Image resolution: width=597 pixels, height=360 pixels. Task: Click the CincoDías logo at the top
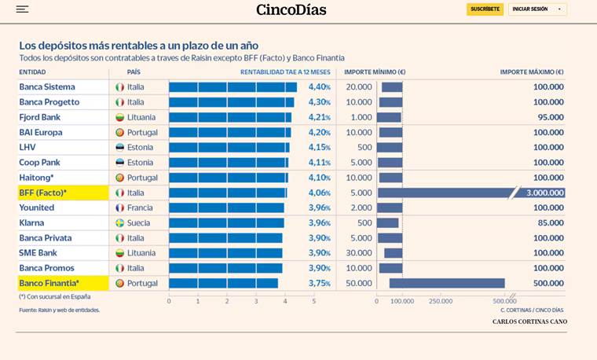coord(291,9)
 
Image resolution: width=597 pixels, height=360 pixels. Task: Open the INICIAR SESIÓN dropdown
coord(537,9)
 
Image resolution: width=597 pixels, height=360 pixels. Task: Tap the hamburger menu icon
coord(22,9)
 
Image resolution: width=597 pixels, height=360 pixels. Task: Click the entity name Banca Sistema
coord(47,87)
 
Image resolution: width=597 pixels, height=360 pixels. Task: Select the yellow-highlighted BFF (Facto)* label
coord(43,193)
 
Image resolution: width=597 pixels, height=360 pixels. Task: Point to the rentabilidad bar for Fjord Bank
coord(229,117)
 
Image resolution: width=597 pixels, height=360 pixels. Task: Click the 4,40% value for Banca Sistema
coord(319,87)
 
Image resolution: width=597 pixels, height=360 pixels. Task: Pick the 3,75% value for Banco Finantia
coord(319,283)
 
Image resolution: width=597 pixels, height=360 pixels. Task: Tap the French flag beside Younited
coord(120,208)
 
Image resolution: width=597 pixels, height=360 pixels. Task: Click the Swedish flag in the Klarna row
coord(120,223)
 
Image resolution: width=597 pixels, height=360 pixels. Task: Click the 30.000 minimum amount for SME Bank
coord(359,253)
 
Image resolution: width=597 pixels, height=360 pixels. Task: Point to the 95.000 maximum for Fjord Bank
coord(548,117)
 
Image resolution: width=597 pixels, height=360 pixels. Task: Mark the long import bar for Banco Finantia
coord(446,283)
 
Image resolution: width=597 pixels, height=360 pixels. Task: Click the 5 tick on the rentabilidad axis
coord(313,301)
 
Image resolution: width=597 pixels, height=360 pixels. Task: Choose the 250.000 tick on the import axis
coord(441,301)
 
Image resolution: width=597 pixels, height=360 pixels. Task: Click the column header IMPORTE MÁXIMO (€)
coord(532,72)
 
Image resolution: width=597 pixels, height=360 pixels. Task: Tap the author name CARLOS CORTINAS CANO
coord(529,321)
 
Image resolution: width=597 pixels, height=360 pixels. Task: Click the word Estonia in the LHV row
coord(140,148)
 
